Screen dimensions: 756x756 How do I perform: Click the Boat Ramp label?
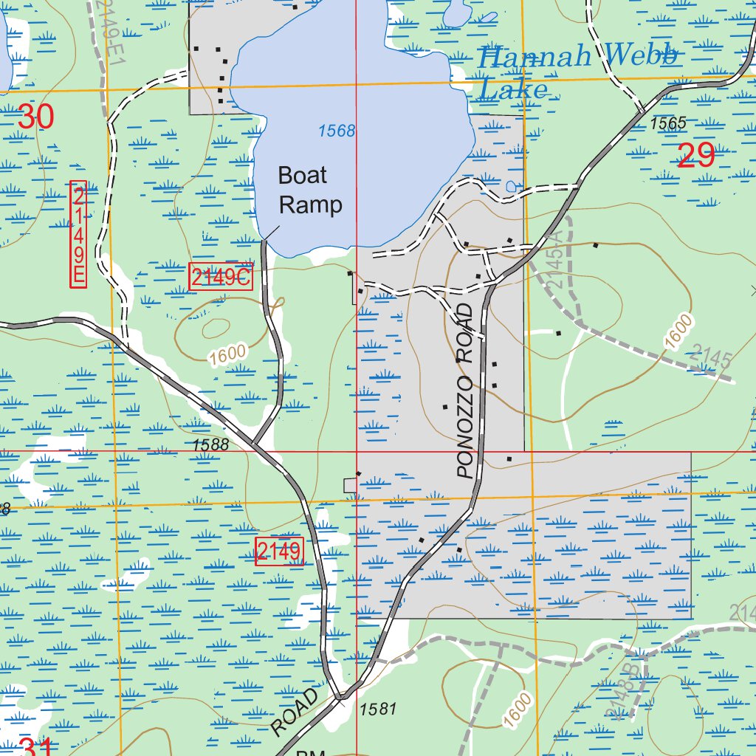(310, 190)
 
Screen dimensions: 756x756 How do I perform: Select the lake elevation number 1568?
(337, 131)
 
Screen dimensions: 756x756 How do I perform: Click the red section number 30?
(35, 117)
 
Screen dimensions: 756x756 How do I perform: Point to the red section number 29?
(695, 156)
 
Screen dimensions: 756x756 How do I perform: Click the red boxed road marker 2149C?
(221, 277)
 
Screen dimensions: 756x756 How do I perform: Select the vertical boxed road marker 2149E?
(78, 235)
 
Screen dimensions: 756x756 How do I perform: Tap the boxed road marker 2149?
(279, 551)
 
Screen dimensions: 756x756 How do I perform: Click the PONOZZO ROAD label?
(464, 391)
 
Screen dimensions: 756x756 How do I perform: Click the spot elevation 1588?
(210, 444)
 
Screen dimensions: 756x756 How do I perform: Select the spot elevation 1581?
(379, 709)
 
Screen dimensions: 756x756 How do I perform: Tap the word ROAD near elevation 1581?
(296, 712)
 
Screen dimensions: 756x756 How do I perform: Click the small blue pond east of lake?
(512, 188)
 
